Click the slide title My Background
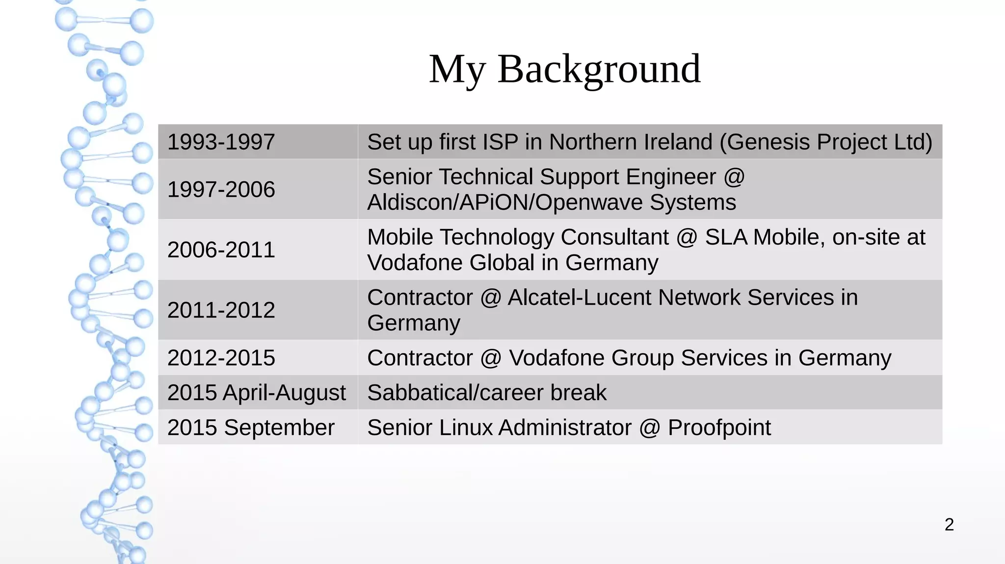[x=564, y=69]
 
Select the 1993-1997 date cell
[x=221, y=142]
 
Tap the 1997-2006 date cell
[x=221, y=189]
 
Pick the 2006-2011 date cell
[x=221, y=250]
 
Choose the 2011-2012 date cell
[x=221, y=310]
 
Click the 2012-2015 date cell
[x=221, y=358]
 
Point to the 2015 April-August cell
[x=256, y=393]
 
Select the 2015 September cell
[x=251, y=428]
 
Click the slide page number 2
[x=949, y=525]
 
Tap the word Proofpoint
[x=719, y=428]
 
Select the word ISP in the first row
[x=500, y=142]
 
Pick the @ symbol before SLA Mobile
[x=687, y=238]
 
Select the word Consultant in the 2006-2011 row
[x=614, y=237]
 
